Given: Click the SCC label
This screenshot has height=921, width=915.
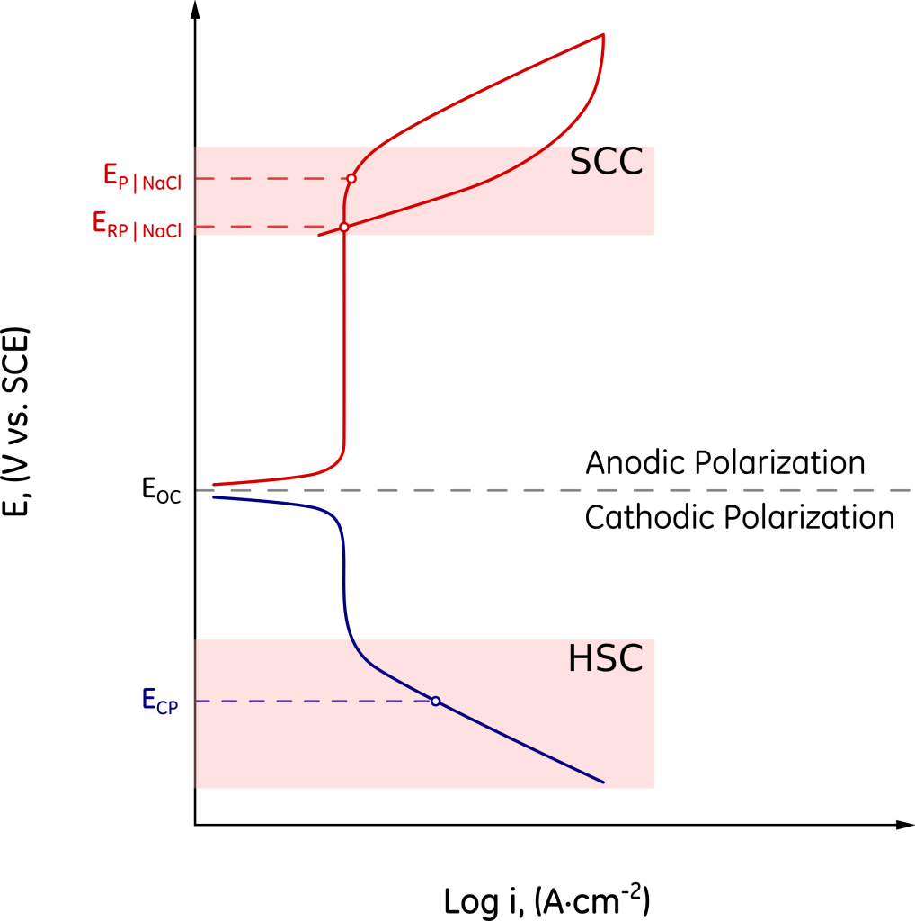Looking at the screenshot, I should coord(607,163).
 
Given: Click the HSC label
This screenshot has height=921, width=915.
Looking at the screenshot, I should coord(606,659).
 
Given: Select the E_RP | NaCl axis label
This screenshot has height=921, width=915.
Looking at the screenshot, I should coord(138,223).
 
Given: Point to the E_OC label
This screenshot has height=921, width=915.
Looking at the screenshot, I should coord(161,490).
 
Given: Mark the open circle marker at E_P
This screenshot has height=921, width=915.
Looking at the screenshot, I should coord(351,178).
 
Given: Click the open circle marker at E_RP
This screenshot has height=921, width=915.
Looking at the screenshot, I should coord(343,227).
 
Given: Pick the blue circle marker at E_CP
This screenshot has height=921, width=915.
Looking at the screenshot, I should coord(436,701).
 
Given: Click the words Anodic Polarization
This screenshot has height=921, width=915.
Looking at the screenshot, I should coord(724,463).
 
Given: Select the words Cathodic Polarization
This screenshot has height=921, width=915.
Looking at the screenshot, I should coord(739,518).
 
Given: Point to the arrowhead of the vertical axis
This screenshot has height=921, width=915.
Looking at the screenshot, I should coord(195,11).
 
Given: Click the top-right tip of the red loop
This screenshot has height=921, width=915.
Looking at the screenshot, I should coord(602,35).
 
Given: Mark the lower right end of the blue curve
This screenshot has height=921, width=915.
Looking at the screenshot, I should coord(603,782).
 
